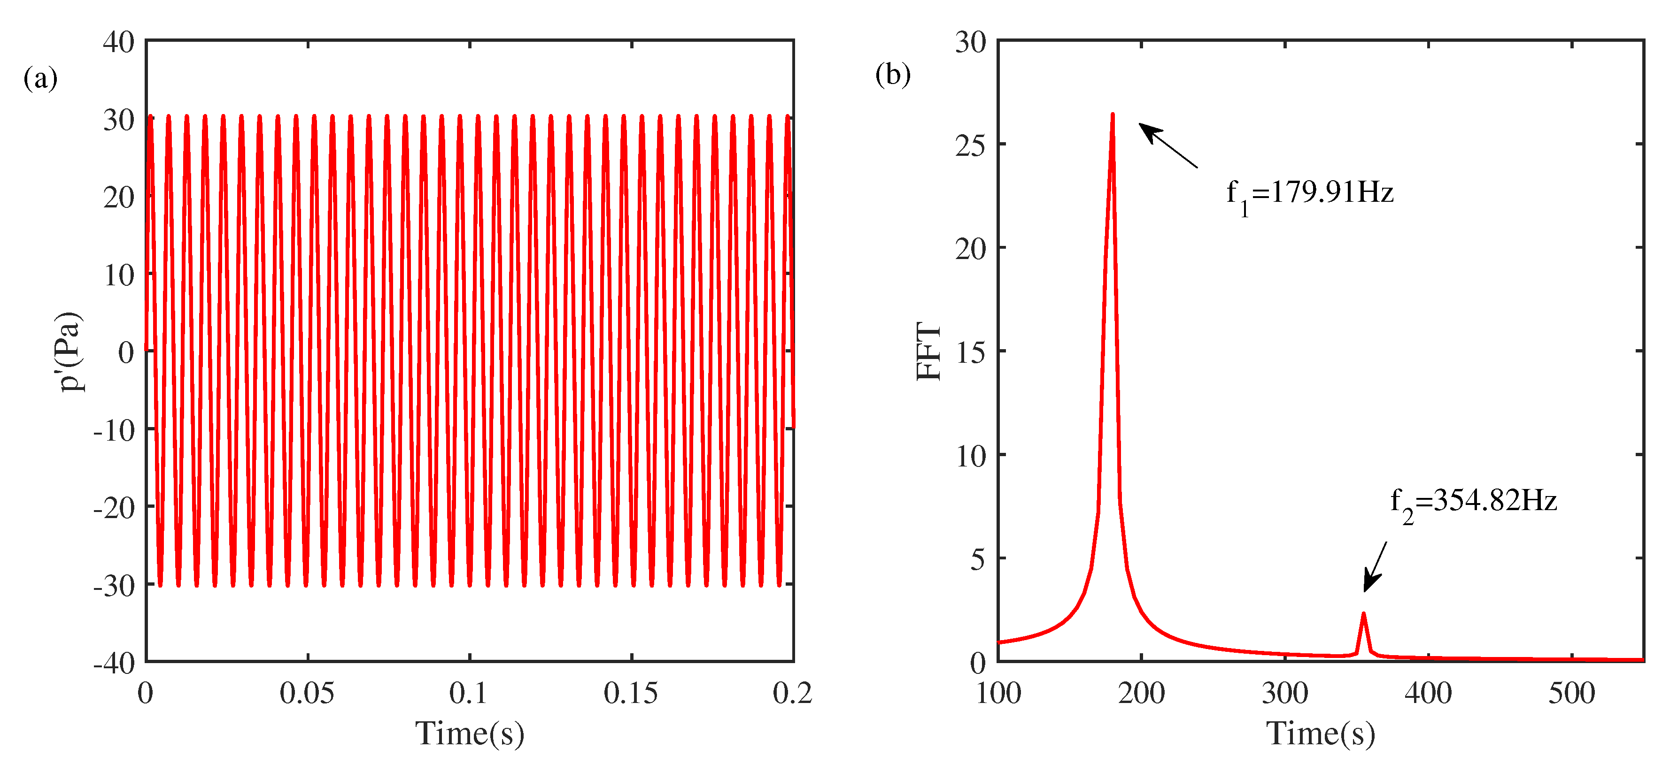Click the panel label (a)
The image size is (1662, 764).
pos(40,79)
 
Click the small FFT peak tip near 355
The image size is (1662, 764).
pos(1363,613)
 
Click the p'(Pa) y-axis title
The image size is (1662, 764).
pos(70,351)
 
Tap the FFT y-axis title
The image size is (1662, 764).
pos(928,351)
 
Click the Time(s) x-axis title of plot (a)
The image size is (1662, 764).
pos(470,733)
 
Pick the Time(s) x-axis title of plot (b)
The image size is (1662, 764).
pos(1321,733)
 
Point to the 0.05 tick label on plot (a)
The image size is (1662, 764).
pos(307,694)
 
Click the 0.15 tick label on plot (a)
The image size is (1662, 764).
pos(631,694)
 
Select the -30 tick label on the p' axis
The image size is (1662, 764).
pos(114,585)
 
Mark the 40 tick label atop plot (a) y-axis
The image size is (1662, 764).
pos(119,43)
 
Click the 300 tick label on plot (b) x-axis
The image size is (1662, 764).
pos(1284,694)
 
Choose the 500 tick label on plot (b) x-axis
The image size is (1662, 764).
pos(1572,694)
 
